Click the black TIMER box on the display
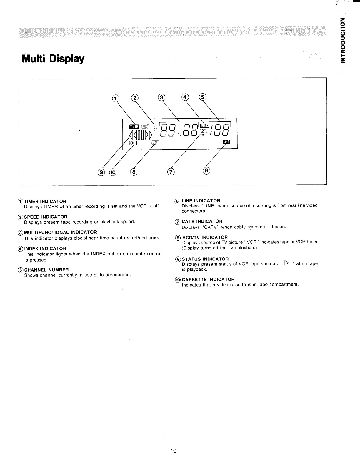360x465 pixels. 134,127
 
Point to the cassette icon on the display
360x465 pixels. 134,143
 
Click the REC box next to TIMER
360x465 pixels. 146,127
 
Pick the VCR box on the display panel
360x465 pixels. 155,142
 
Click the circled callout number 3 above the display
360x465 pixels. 161,97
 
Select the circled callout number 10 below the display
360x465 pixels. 113,172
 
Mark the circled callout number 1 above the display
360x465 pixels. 116,98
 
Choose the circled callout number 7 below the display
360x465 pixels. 171,172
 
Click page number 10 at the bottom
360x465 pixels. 173,451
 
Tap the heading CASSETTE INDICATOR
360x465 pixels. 208,279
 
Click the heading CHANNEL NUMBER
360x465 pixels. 46,270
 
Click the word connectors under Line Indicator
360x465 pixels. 194,211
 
